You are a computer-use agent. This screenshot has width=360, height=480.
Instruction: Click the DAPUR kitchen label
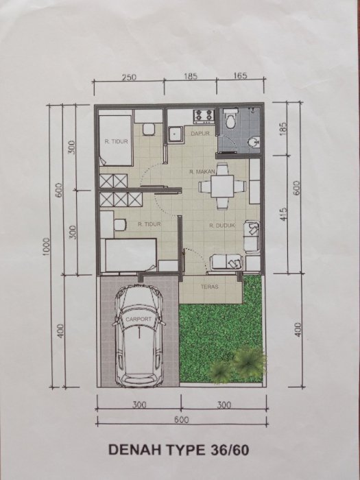pyautogui.click(x=200, y=134)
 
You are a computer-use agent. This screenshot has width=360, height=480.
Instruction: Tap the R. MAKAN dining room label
pyautogui.click(x=202, y=172)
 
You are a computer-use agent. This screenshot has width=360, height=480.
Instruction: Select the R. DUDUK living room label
pyautogui.click(x=222, y=226)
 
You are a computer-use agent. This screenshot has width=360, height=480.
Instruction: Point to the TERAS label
pyautogui.click(x=210, y=287)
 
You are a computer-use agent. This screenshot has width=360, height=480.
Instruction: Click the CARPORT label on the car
pyautogui.click(x=139, y=319)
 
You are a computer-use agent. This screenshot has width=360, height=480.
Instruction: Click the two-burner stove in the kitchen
pyautogui.click(x=204, y=116)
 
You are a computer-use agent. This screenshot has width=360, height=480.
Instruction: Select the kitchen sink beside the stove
pyautogui.click(x=176, y=134)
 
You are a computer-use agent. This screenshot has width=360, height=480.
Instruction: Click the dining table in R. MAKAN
pyautogui.click(x=222, y=186)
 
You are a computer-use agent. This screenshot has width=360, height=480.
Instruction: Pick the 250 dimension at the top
pyautogui.click(x=129, y=77)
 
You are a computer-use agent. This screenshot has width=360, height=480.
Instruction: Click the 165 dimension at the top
pyautogui.click(x=240, y=76)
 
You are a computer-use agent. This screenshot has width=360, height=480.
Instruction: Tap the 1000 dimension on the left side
pyautogui.click(x=45, y=248)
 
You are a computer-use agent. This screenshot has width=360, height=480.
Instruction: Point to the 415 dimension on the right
pyautogui.click(x=283, y=214)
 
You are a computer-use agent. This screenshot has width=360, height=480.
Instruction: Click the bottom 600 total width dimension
pyautogui.click(x=182, y=420)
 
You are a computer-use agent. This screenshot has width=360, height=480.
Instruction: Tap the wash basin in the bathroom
pyautogui.click(x=254, y=141)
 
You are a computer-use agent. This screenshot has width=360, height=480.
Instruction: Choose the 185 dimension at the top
pyautogui.click(x=191, y=77)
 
